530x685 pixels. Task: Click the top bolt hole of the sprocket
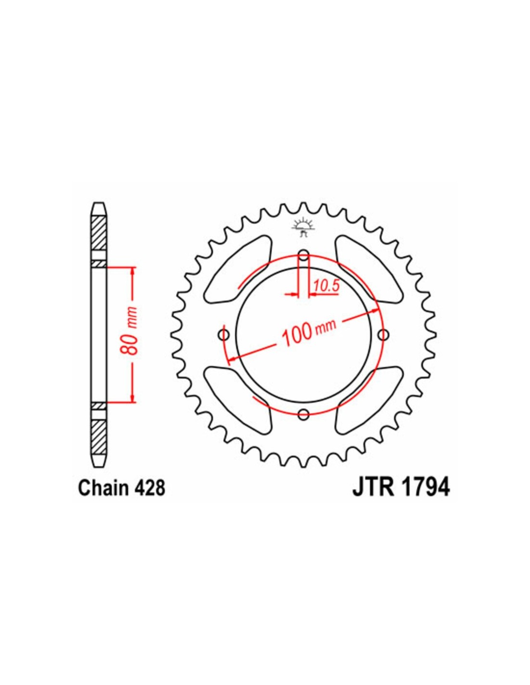304,255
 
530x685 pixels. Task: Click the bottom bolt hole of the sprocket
304,414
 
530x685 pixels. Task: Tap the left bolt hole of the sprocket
224,335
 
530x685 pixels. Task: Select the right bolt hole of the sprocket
383,335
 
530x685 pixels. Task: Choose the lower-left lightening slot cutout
238,400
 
